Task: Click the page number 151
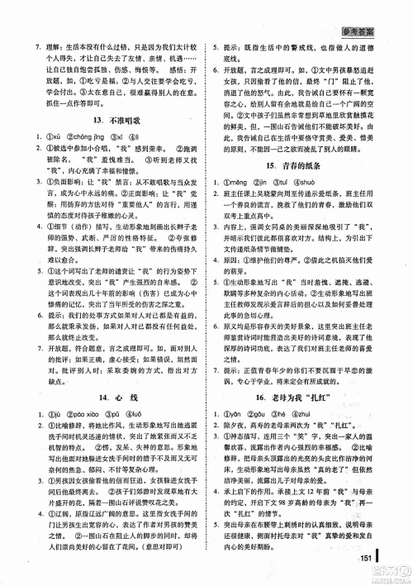tap(368, 555)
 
